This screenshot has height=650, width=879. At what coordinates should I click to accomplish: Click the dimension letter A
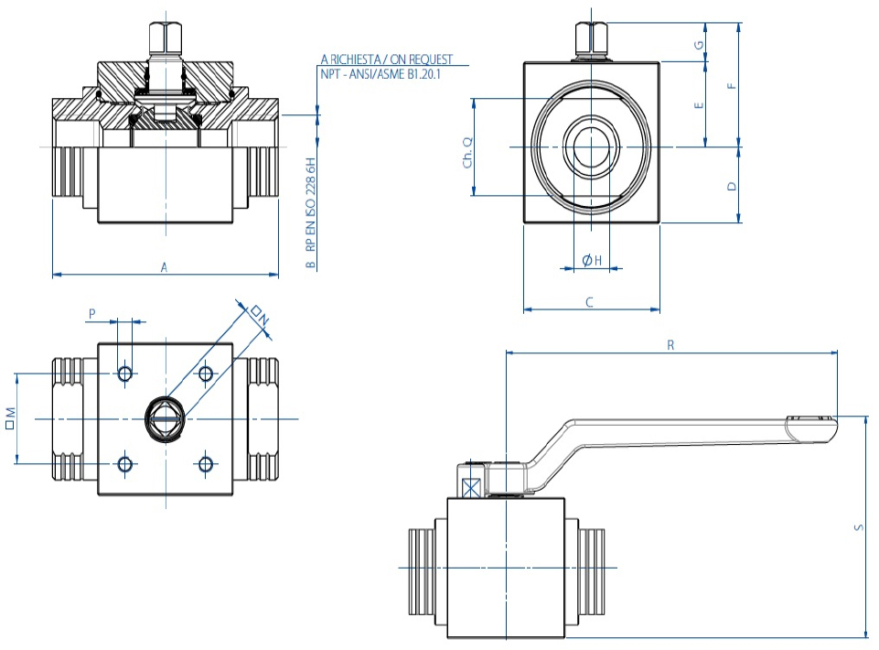(x=165, y=267)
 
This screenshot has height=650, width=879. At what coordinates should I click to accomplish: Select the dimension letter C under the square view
(x=590, y=302)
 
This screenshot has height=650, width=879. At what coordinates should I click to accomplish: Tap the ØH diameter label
(x=591, y=261)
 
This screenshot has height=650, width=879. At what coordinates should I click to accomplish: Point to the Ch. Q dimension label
(x=467, y=152)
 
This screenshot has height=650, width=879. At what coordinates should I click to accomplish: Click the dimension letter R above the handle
(x=670, y=345)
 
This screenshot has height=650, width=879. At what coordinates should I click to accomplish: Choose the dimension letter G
(x=699, y=44)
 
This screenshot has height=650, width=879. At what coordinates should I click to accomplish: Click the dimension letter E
(x=699, y=105)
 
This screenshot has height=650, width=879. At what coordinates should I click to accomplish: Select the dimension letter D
(x=730, y=186)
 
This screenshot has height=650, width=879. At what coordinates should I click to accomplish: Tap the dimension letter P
(x=91, y=313)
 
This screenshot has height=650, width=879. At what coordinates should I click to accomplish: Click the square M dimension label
(x=10, y=418)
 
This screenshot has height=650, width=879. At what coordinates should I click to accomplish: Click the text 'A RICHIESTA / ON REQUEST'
(x=386, y=59)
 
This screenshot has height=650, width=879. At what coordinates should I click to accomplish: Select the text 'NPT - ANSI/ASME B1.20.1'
(x=381, y=73)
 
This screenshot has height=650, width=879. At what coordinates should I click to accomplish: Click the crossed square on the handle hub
(x=473, y=487)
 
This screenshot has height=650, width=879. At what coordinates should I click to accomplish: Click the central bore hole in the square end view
(x=590, y=146)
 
